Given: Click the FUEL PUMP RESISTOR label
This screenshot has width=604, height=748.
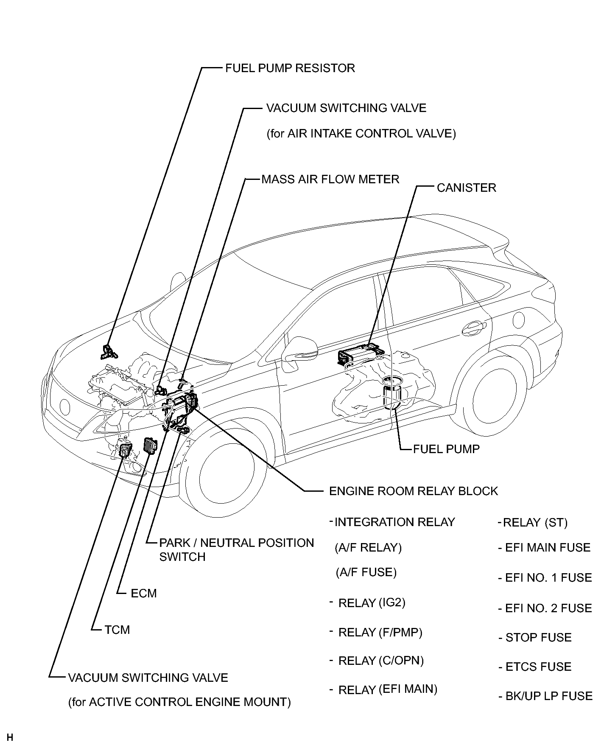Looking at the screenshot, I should (x=290, y=68).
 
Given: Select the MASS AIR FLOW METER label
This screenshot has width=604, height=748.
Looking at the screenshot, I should (x=330, y=179).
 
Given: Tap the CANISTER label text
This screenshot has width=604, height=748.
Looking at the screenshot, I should (x=466, y=188).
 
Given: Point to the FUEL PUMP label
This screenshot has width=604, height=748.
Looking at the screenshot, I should (x=446, y=449).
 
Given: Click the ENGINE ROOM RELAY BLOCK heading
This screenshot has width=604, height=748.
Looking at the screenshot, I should (x=413, y=491).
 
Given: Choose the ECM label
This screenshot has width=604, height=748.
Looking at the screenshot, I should (x=143, y=593).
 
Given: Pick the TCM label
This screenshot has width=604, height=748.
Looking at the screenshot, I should (x=117, y=630).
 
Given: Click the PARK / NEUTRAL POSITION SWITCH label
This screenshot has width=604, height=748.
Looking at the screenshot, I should (x=236, y=550).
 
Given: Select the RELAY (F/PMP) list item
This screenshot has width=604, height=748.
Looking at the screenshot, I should (x=380, y=633).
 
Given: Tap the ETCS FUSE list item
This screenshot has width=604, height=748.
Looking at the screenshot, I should (x=538, y=667).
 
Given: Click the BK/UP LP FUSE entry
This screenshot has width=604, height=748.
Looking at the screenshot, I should (x=548, y=696).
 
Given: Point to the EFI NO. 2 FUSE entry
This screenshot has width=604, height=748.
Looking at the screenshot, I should (x=548, y=608).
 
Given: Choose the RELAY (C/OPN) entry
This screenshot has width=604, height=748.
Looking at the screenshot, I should (x=381, y=661).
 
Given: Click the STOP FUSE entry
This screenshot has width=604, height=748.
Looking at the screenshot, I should (x=538, y=638).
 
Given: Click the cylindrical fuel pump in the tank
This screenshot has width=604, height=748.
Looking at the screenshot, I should (x=393, y=392).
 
